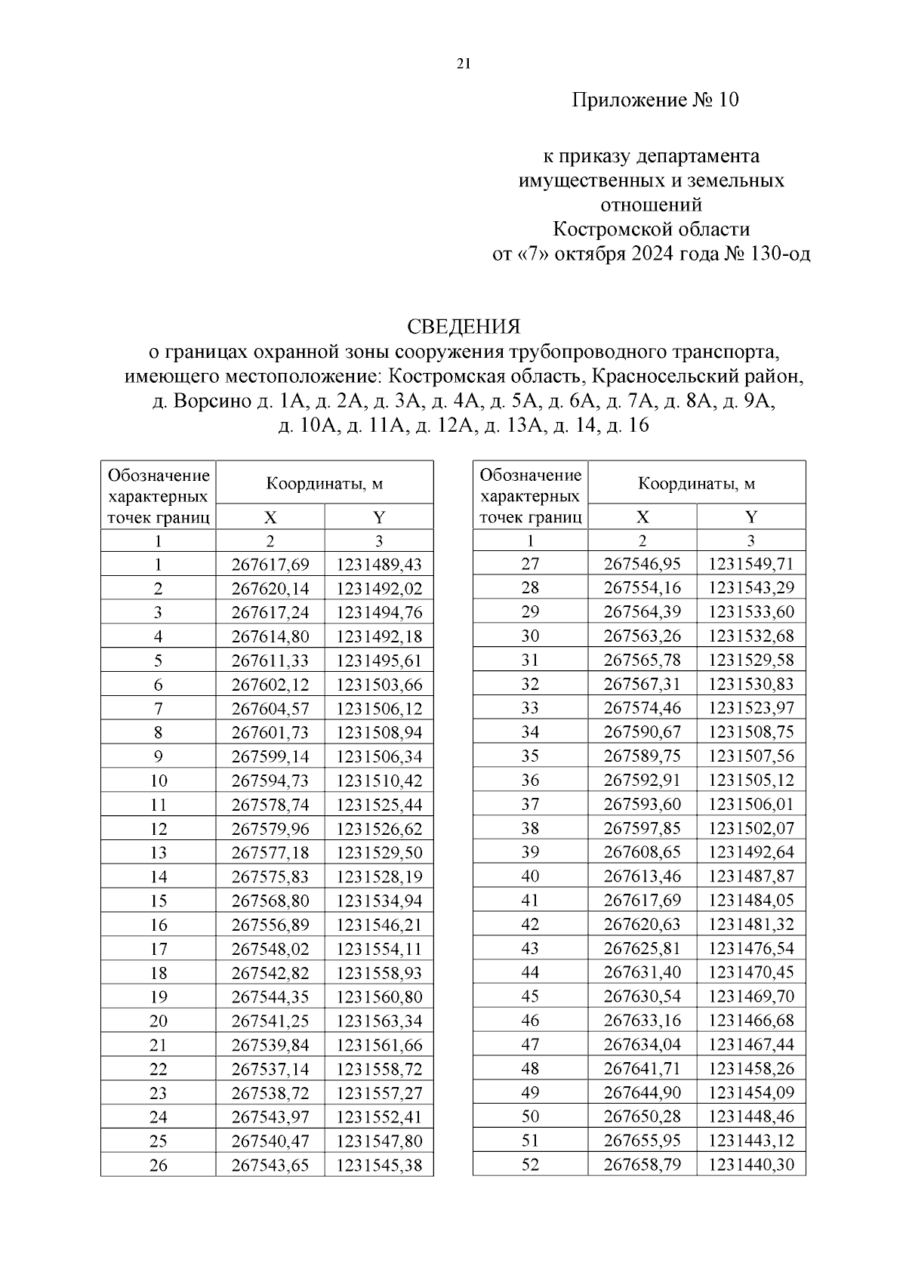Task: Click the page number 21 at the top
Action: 464,64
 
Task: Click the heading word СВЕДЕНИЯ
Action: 464,327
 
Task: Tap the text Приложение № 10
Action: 655,100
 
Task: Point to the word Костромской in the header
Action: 612,229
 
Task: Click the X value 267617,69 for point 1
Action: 270,565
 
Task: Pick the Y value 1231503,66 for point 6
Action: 379,685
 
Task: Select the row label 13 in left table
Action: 159,853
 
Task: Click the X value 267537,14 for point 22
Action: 270,1069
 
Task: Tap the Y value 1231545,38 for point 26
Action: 379,1165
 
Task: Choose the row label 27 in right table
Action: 531,564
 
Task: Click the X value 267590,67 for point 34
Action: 643,731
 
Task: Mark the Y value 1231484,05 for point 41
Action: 751,900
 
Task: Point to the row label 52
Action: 531,1164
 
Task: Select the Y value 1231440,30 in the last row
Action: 751,1164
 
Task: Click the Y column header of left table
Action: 379,517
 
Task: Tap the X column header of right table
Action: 643,517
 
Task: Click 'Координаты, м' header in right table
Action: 696,483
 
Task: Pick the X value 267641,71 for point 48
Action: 643,1068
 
